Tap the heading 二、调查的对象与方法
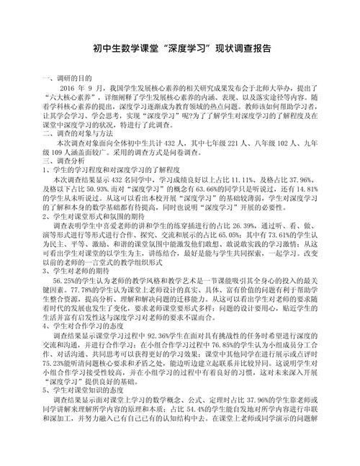click(x=77, y=134)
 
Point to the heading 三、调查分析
click(x=63, y=163)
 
